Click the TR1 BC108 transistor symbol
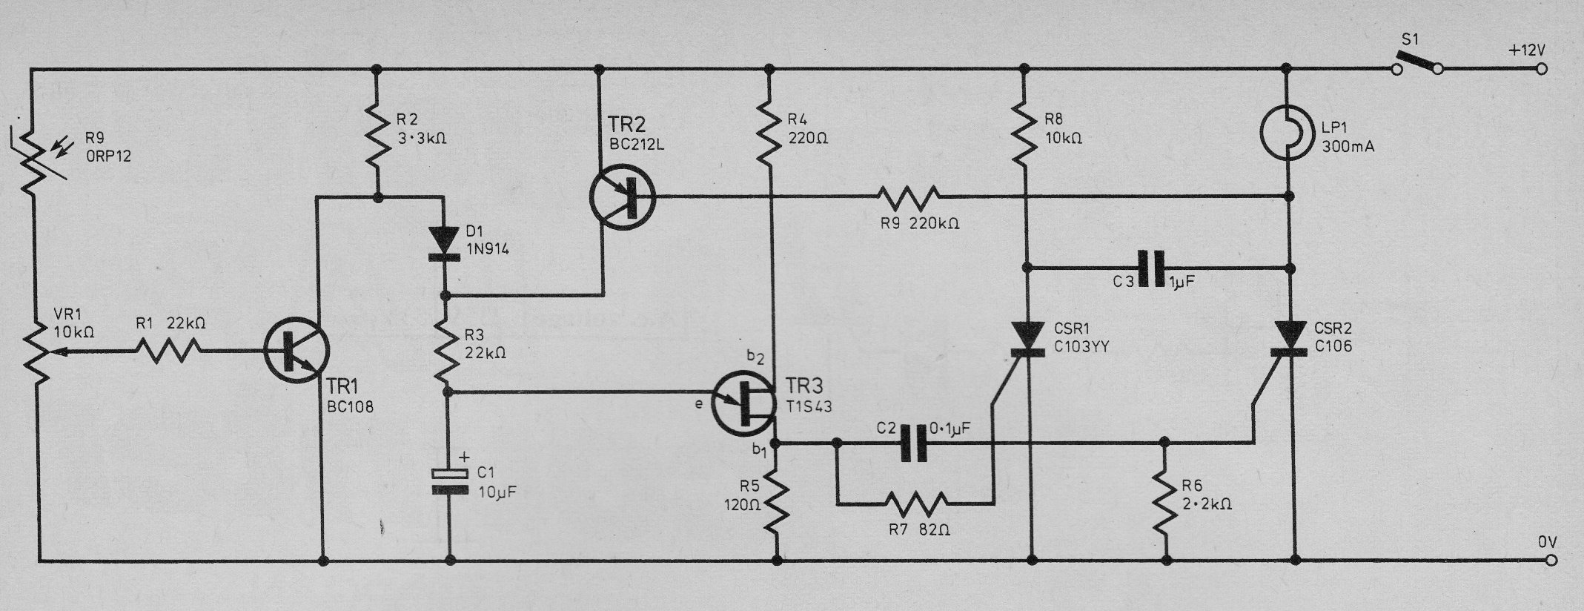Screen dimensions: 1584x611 [x=296, y=351]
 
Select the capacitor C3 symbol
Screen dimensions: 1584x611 [x=1151, y=268]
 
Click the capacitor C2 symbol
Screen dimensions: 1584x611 [x=913, y=443]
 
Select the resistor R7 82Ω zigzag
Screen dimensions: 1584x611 [x=916, y=503]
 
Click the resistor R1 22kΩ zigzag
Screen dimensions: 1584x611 [x=168, y=351]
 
